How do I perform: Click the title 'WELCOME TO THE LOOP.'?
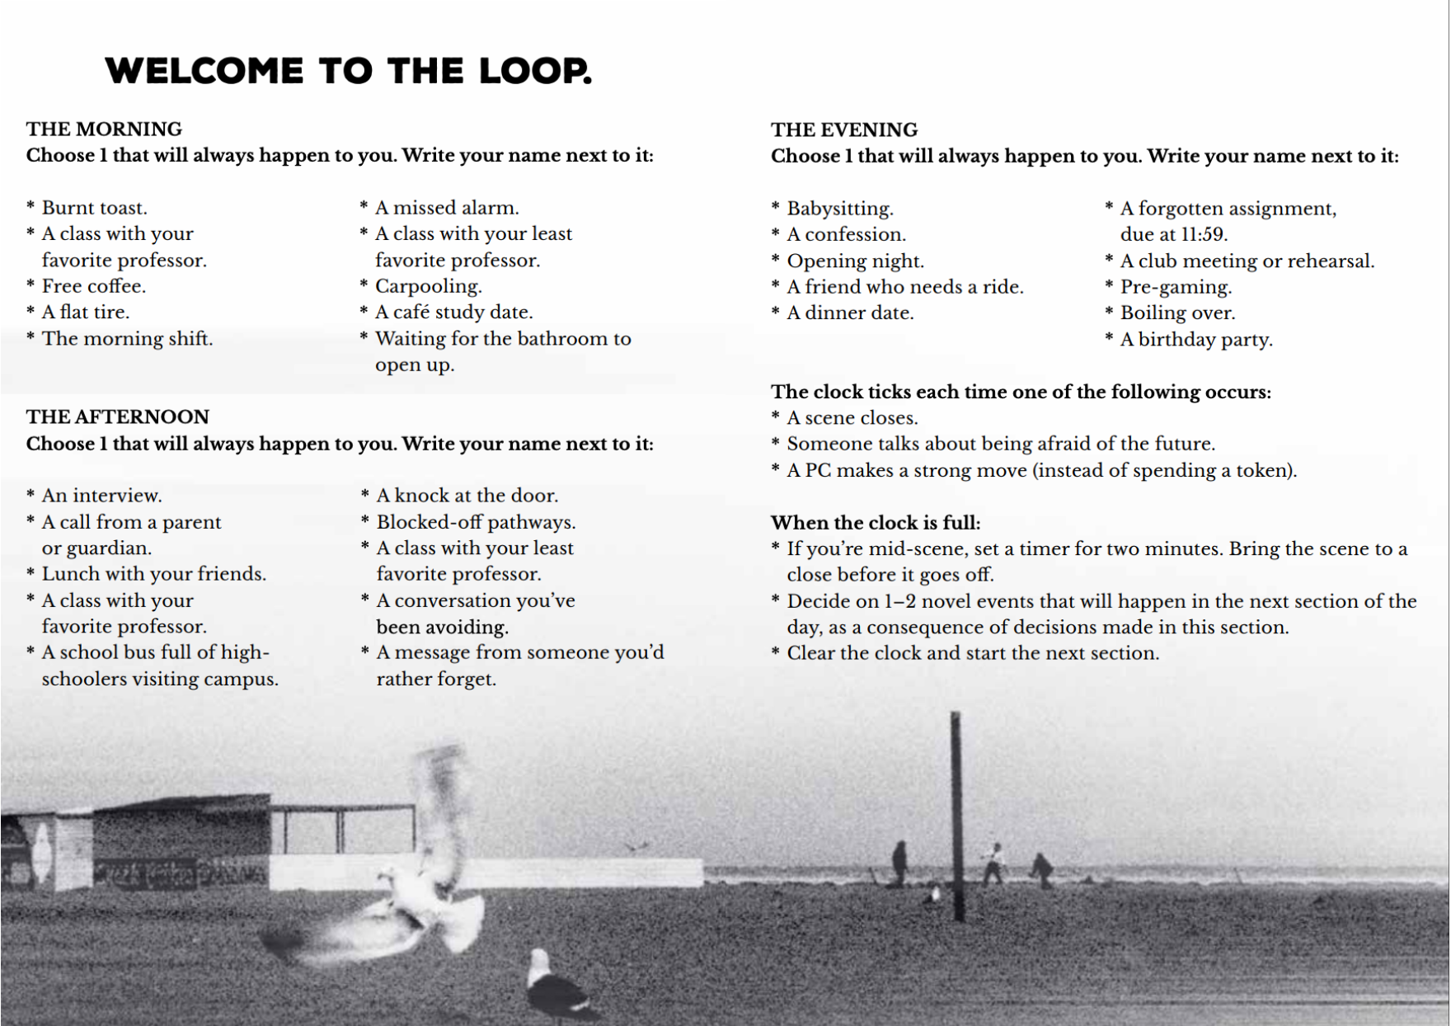pyautogui.click(x=348, y=71)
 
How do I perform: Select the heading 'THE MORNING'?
pyautogui.click(x=104, y=129)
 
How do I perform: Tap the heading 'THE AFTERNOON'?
pyautogui.click(x=118, y=417)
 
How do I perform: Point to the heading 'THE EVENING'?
pyautogui.click(x=844, y=129)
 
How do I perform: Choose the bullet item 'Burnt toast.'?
pyautogui.click(x=94, y=208)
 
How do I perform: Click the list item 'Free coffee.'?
pyautogui.click(x=93, y=286)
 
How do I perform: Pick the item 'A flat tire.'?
pyautogui.click(x=86, y=313)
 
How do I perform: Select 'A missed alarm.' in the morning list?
pyautogui.click(x=447, y=208)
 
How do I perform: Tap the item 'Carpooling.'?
pyautogui.click(x=428, y=286)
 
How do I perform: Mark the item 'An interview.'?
pyautogui.click(x=101, y=496)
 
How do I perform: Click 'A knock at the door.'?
pyautogui.click(x=467, y=496)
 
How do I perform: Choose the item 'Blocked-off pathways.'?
pyautogui.click(x=476, y=522)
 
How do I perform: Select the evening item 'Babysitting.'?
pyautogui.click(x=840, y=209)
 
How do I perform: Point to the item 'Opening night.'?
pyautogui.click(x=855, y=261)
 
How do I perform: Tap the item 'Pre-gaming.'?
pyautogui.click(x=1176, y=287)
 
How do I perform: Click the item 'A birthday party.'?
pyautogui.click(x=1196, y=340)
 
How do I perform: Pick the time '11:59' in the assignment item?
pyautogui.click(x=1203, y=235)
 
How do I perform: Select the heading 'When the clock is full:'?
pyautogui.click(x=876, y=523)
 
